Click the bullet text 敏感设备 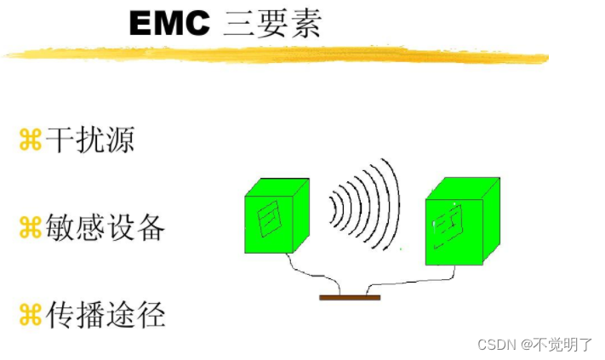(x=105, y=227)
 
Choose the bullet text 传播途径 (x=105, y=316)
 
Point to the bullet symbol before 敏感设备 (x=30, y=228)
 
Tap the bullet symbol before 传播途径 (x=30, y=317)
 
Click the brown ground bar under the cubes (x=350, y=298)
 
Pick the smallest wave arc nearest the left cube (x=334, y=207)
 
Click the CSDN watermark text (x=498, y=344)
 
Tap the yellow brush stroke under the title (x=272, y=54)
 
